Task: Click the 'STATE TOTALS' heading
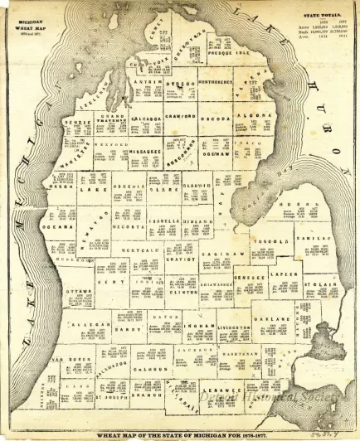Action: pos(317,12)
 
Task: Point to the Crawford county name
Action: pos(181,117)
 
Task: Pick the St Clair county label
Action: pos(319,284)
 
